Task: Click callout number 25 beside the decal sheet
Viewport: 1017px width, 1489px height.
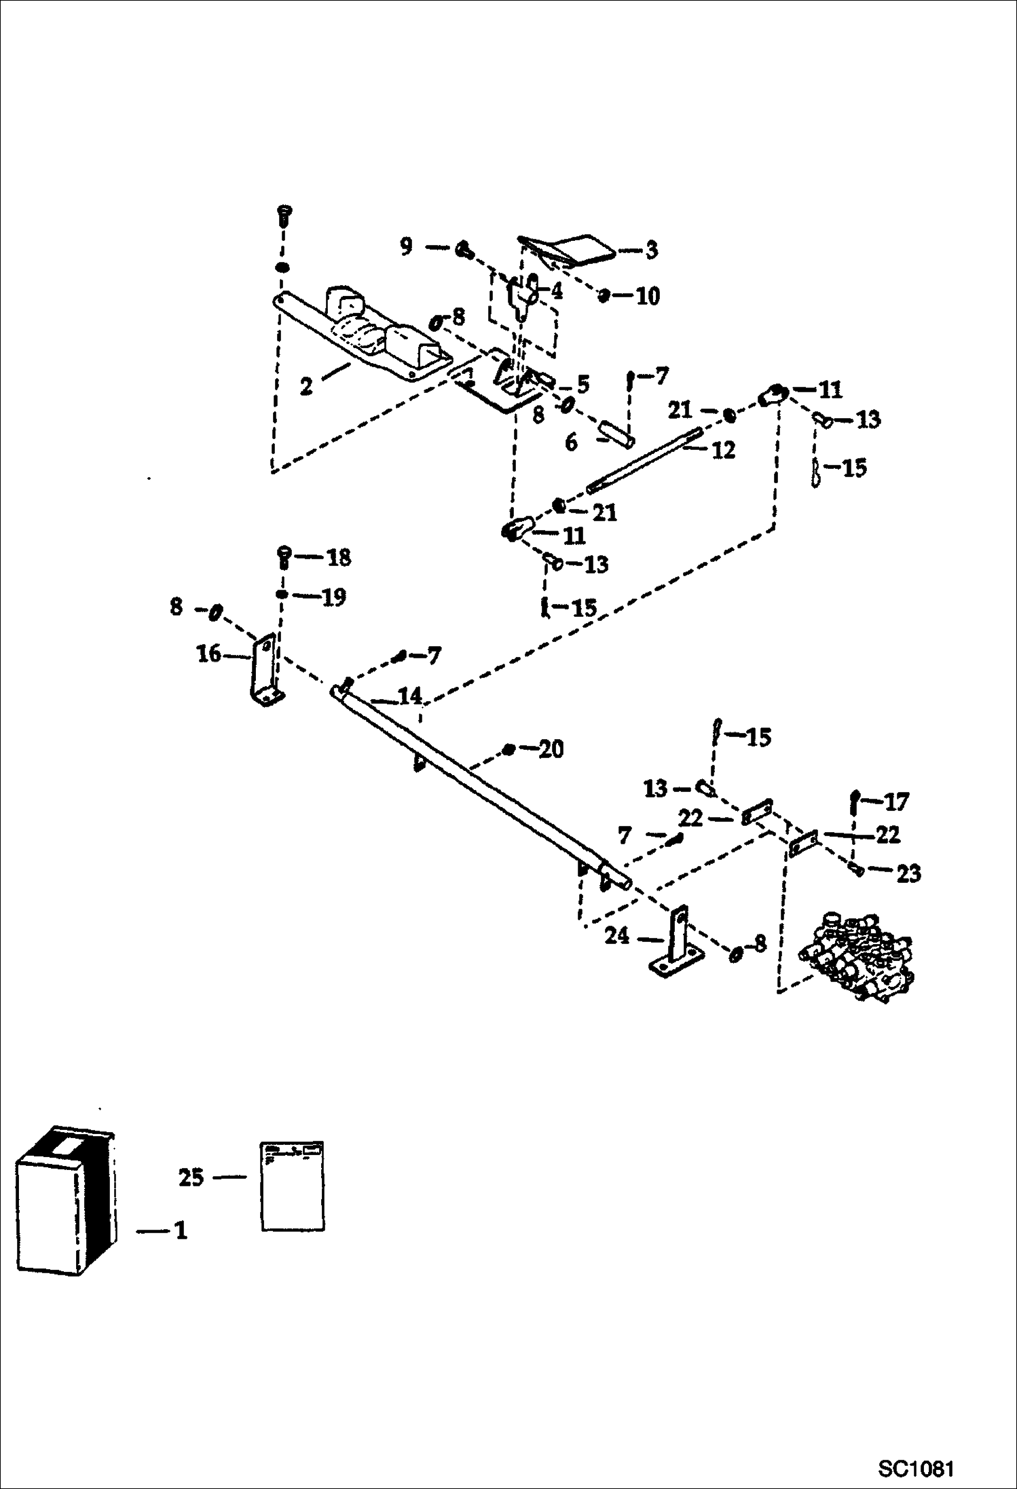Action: point(191,1177)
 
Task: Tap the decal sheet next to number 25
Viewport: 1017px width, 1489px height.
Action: point(293,1186)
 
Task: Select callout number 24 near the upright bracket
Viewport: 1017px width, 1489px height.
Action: point(617,936)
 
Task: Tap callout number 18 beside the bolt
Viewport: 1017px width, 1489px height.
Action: point(339,558)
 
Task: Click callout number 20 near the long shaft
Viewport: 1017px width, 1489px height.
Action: point(551,749)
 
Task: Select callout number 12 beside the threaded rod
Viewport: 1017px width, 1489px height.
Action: point(724,450)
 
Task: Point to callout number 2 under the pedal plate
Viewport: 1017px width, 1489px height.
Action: point(306,387)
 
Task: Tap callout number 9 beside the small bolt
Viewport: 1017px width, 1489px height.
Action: point(406,246)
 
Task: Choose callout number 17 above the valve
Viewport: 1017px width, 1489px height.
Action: point(896,802)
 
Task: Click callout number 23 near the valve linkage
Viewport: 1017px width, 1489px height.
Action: point(908,874)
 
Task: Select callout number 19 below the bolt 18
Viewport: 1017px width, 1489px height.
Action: point(333,597)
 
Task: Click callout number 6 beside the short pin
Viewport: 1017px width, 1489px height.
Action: point(571,442)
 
